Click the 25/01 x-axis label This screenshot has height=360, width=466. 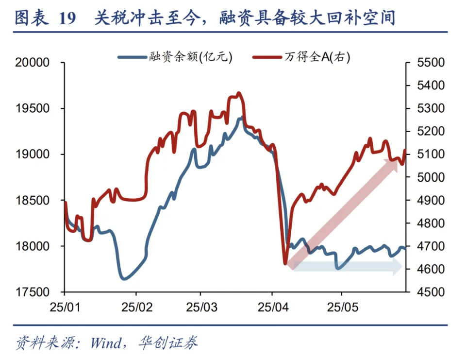coord(65,308)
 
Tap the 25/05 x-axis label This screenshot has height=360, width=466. coord(342,308)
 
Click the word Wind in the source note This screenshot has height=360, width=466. coord(106,343)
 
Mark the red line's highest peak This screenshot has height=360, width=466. coord(238,93)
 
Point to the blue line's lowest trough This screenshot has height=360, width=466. coord(123,279)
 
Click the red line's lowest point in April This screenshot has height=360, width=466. coord(285,264)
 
